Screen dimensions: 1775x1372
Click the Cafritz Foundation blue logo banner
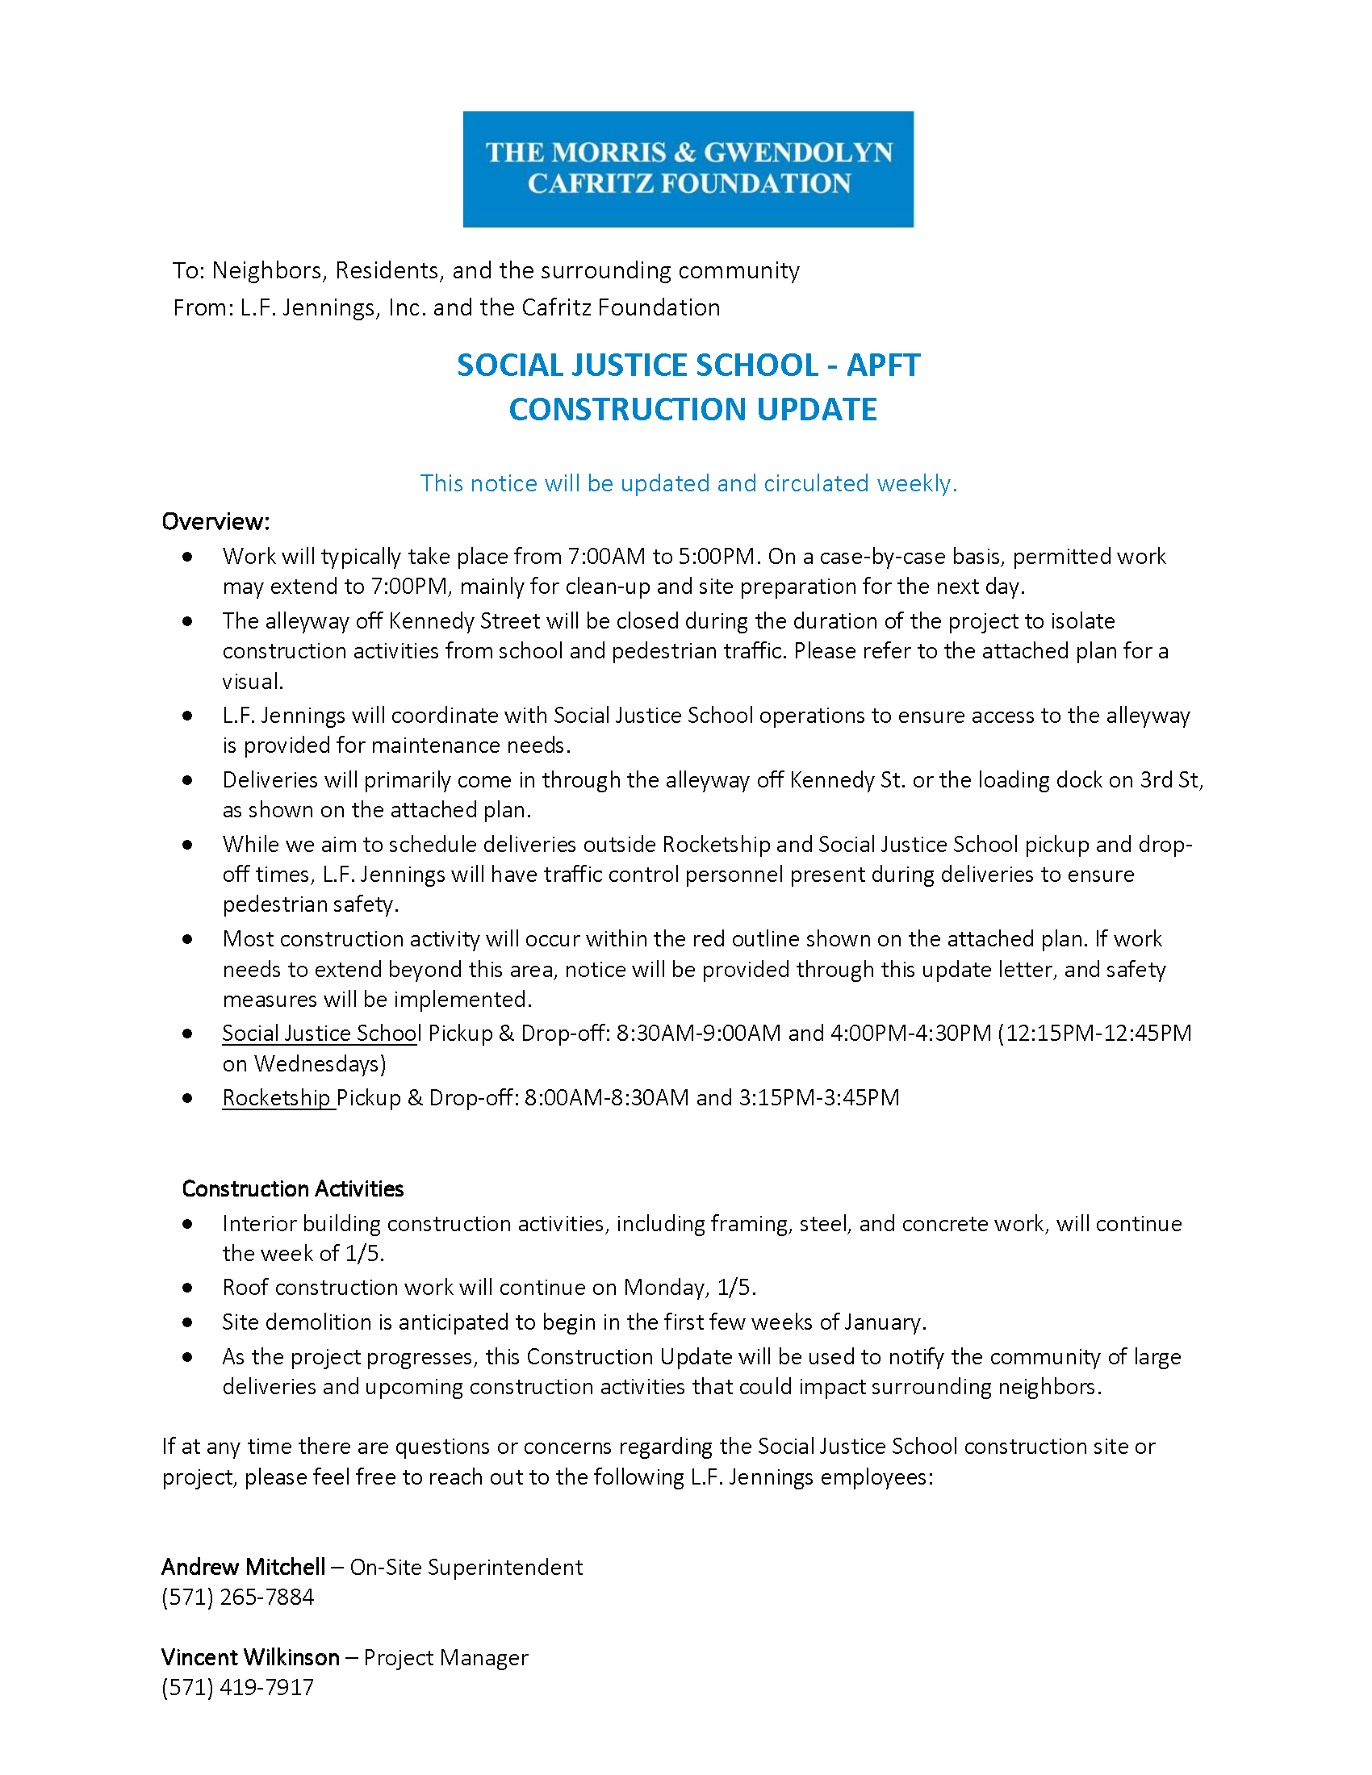(x=688, y=169)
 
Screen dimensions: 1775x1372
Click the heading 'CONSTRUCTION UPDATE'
(x=692, y=409)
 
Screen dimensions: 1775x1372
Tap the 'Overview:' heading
(x=215, y=521)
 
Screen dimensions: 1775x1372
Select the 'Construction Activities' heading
(x=293, y=1188)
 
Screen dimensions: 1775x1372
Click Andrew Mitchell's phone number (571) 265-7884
(x=237, y=1597)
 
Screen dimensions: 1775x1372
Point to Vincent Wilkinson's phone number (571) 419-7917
(x=237, y=1687)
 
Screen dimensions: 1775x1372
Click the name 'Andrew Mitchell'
(x=243, y=1567)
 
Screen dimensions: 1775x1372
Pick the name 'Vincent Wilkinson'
(x=250, y=1657)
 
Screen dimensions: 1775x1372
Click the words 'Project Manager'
(x=445, y=1657)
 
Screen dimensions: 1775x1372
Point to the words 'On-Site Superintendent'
(x=466, y=1567)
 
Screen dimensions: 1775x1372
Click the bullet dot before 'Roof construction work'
(x=188, y=1288)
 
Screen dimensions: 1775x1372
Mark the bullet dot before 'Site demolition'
(x=188, y=1322)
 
